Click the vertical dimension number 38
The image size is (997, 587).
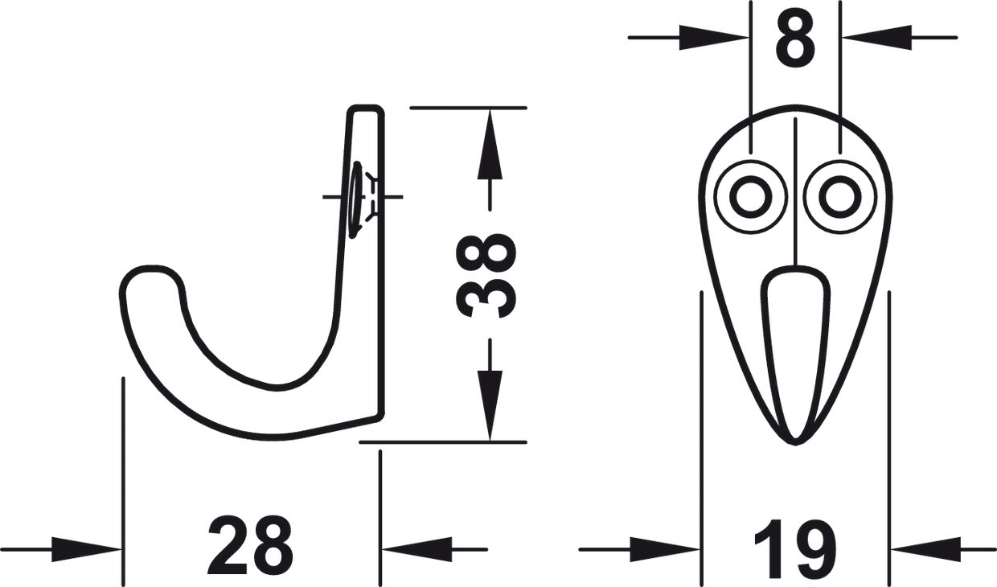click(x=486, y=276)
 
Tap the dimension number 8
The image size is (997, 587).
click(x=795, y=40)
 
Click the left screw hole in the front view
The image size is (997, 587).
click(x=751, y=197)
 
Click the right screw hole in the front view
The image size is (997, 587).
click(x=840, y=197)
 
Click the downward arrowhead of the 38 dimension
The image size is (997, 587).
click(x=490, y=405)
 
